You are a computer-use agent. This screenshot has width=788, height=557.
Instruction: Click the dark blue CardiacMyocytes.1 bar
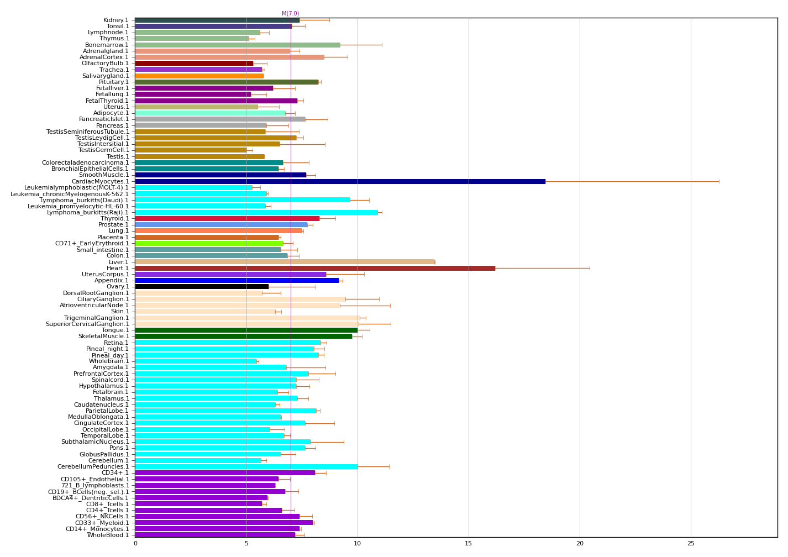coord(340,181)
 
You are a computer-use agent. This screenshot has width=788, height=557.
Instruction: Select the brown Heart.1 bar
coord(315,268)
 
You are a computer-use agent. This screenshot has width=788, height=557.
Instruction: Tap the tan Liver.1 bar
coord(285,262)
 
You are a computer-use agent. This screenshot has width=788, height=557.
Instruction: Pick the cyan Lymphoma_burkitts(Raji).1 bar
coord(256,212)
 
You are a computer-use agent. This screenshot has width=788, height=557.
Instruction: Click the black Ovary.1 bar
coord(202,286)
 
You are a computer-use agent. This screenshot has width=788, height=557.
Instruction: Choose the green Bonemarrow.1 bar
coord(238,45)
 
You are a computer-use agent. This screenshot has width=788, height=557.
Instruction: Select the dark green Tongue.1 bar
coord(246,330)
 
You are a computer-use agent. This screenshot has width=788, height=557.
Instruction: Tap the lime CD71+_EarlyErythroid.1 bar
coord(209,243)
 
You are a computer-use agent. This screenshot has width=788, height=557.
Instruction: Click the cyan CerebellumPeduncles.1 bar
coord(246,466)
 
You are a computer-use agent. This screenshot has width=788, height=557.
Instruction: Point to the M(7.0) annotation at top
coord(290,14)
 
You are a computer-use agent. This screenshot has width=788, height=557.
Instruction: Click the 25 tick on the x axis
coord(691,544)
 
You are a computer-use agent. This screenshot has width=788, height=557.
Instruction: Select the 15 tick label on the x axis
coord(469,544)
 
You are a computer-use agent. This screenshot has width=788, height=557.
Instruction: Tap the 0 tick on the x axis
coord(135,544)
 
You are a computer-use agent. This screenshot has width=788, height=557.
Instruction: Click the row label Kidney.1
coord(116,20)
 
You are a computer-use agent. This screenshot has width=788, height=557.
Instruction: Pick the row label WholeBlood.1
coord(108,535)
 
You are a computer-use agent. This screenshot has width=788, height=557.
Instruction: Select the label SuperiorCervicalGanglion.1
coord(87,324)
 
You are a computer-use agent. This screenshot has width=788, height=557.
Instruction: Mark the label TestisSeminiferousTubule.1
coord(88,132)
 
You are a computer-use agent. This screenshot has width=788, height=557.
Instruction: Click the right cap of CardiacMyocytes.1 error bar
coord(719,181)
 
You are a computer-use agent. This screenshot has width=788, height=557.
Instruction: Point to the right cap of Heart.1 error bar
coord(590,268)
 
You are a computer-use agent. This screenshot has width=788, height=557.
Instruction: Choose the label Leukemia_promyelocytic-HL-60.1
coord(78,206)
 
